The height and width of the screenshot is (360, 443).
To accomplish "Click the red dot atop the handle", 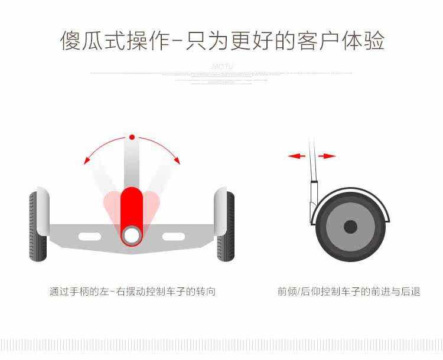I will (x=132, y=137).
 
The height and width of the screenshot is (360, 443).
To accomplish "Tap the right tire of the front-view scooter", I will (x=227, y=227).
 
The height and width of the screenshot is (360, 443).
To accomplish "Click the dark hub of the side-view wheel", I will (x=350, y=227).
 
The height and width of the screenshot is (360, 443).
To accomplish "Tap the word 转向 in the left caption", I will (x=207, y=292).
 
